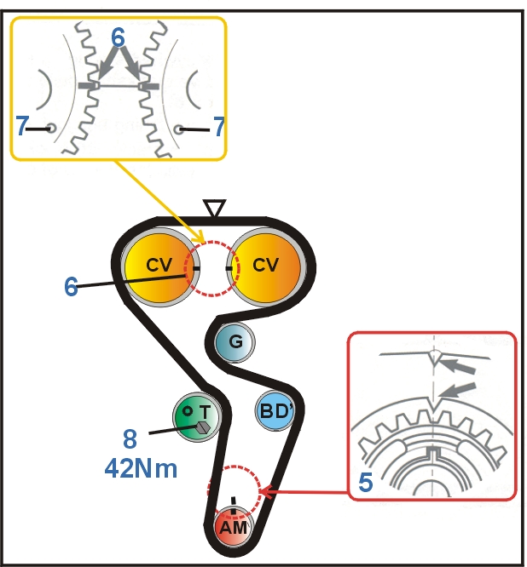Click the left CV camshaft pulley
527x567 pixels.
pyautogui.click(x=159, y=266)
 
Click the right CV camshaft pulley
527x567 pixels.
pyautogui.click(x=266, y=266)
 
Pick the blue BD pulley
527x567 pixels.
pyautogui.click(x=275, y=411)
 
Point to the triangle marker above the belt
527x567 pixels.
pyautogui.click(x=215, y=208)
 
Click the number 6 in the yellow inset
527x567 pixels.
pyautogui.click(x=119, y=37)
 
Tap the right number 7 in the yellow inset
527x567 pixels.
pyautogui.click(x=218, y=128)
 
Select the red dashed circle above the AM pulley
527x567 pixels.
pyautogui.click(x=233, y=491)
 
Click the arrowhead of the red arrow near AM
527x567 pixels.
pyautogui.click(x=263, y=491)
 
